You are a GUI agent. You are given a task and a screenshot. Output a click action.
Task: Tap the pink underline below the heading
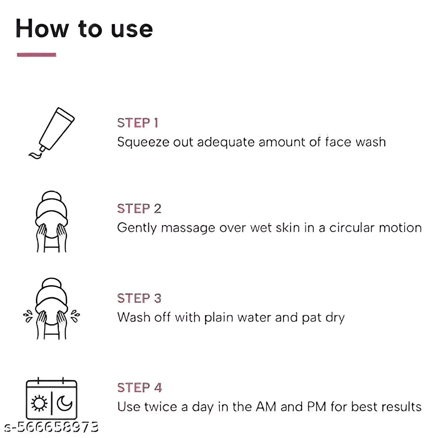click(36, 55)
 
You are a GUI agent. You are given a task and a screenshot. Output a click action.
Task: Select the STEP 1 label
click(138, 123)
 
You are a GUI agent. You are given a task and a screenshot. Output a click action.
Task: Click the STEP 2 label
click(139, 209)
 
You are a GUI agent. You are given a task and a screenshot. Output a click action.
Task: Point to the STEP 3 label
click(139, 298)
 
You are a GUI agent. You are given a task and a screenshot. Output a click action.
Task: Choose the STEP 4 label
click(139, 388)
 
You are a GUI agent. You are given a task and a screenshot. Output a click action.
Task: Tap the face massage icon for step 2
click(51, 222)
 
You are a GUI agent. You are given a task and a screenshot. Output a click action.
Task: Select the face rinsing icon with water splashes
click(51, 309)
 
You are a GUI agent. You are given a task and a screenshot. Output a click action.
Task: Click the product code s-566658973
click(51, 427)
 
